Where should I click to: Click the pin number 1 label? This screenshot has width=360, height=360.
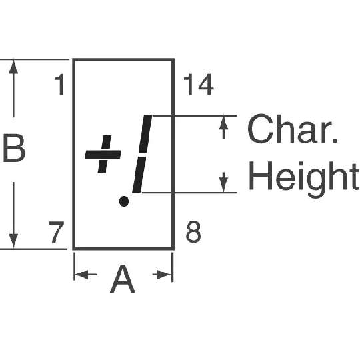tap(60, 85)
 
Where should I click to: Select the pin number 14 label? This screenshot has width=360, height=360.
tap(199, 85)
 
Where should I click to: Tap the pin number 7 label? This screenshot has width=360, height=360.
tap(56, 232)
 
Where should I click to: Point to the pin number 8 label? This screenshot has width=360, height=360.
tap(193, 232)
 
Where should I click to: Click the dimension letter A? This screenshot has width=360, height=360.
tap(123, 279)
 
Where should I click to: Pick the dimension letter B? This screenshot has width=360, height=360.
tap(14, 148)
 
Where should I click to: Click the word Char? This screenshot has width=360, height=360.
tap(292, 129)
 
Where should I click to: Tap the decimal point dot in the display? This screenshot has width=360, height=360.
tap(124, 201)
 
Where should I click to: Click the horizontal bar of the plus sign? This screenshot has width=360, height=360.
tap(103, 155)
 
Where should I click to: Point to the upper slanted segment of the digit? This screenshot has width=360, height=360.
tap(145, 134)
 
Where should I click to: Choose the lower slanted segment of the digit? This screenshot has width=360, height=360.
tap(139, 175)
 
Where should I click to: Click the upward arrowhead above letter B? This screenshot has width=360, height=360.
tap(13, 67)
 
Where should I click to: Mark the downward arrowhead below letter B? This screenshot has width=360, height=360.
tap(13, 241)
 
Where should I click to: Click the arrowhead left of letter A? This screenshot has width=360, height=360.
tap(81, 275)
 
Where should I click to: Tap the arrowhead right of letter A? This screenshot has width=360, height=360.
tap(165, 275)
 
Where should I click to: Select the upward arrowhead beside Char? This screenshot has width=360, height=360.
tap(223, 123)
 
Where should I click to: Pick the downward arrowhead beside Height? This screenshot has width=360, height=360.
tap(223, 185)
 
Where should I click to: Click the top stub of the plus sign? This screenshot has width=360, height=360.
tap(106, 143)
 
